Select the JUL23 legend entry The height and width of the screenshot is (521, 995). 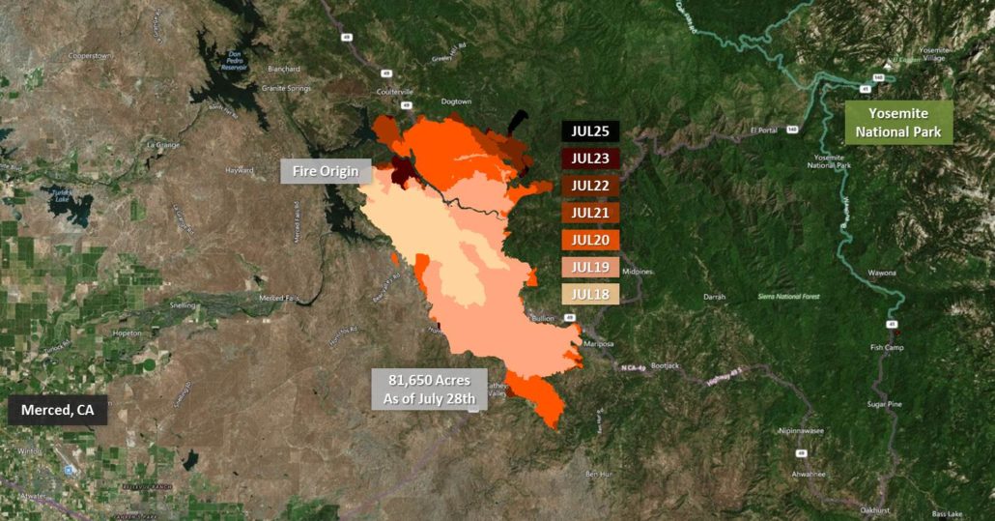pyautogui.click(x=590, y=159)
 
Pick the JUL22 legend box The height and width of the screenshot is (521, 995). pyautogui.click(x=590, y=186)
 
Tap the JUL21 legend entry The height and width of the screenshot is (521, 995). pyautogui.click(x=590, y=213)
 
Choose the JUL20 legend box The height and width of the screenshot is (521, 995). pyautogui.click(x=590, y=240)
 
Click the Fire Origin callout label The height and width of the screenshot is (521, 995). pyautogui.click(x=326, y=172)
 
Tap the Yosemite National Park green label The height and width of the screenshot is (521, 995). pyautogui.click(x=898, y=123)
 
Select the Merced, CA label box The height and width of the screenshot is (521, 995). pyautogui.click(x=58, y=411)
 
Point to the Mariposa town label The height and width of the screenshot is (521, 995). pyautogui.click(x=599, y=343)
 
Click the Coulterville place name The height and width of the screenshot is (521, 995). pyautogui.click(x=394, y=92)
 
